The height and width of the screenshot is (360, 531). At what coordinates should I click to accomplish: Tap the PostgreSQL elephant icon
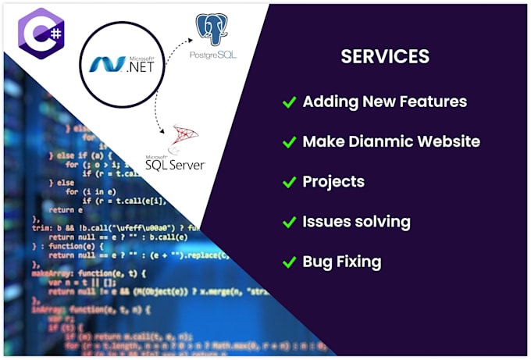(x=212, y=29)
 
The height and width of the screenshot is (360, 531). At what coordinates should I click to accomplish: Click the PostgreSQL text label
(x=212, y=56)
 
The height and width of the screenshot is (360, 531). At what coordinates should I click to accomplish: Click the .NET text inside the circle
(x=141, y=66)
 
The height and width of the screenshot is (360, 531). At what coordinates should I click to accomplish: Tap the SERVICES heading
(x=385, y=57)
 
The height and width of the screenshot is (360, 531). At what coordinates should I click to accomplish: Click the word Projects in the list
(x=333, y=182)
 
